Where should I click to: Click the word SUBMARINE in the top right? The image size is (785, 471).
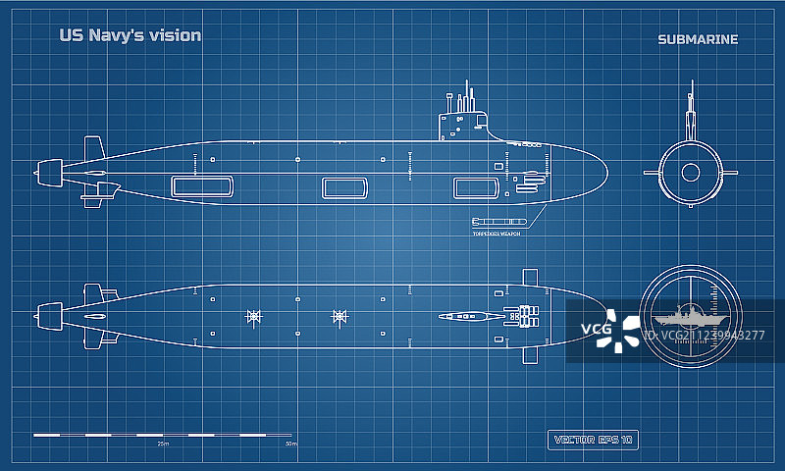pyautogui.click(x=699, y=39)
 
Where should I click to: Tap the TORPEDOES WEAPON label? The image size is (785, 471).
pyautogui.click(x=496, y=234)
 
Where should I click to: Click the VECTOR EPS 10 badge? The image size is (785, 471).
pyautogui.click(x=592, y=439)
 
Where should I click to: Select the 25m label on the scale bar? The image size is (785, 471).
pyautogui.click(x=163, y=444)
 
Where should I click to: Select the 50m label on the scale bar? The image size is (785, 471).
pyautogui.click(x=291, y=444)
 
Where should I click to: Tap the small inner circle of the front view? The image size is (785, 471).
pyautogui.click(x=691, y=173)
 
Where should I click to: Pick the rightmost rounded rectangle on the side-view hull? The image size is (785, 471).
pyautogui.click(x=472, y=187)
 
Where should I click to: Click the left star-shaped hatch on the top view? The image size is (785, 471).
pyautogui.click(x=253, y=316)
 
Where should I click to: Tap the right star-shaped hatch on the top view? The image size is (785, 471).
pyautogui.click(x=340, y=316)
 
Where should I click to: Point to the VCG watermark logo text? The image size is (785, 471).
pyautogui.click(x=598, y=328)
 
